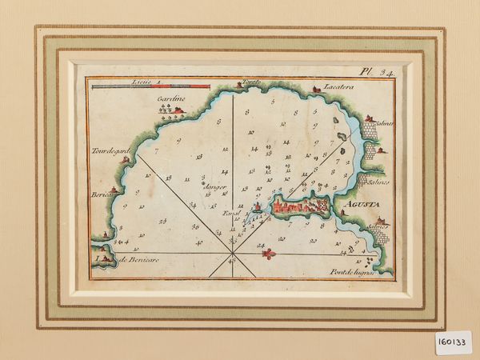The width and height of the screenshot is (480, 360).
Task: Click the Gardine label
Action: tap(170, 98)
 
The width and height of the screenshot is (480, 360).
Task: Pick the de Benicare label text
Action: tap(138, 260)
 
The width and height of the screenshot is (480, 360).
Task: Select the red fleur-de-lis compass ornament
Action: tap(269, 254)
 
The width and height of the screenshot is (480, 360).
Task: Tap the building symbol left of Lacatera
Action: tap(317, 88)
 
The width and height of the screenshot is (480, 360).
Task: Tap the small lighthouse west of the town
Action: tap(258, 210)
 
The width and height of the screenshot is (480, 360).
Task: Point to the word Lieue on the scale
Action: tap(141, 82)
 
